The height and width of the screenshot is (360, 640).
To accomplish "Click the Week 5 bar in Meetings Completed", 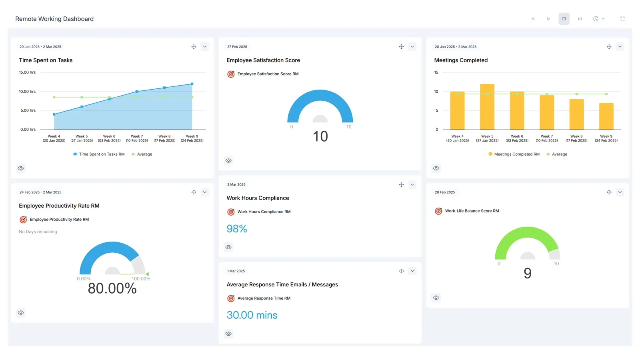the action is (x=487, y=107).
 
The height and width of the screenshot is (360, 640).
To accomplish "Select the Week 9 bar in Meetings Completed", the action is (x=606, y=116).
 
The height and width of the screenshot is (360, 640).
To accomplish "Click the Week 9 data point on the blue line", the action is (x=192, y=84).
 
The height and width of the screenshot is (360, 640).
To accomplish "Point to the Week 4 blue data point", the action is (x=54, y=114).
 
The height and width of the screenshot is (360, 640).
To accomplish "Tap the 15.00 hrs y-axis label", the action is (x=28, y=72).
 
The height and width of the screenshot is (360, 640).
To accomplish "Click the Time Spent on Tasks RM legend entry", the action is (x=98, y=154).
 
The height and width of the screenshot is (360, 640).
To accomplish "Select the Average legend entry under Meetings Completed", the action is (x=556, y=154).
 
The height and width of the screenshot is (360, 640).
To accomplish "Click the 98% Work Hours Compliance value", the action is (x=236, y=228).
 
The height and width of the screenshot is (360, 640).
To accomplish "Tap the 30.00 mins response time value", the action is (x=252, y=315).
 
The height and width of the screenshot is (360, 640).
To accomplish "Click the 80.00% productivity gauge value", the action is (x=112, y=288).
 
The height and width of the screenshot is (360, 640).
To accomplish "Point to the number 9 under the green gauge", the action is (x=528, y=273).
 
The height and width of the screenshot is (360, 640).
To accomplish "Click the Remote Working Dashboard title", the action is (x=54, y=19).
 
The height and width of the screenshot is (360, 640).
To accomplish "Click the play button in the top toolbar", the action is (x=548, y=19).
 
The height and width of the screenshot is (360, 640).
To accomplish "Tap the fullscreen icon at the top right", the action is (x=622, y=19).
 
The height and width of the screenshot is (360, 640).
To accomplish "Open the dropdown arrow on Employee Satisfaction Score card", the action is (x=412, y=46).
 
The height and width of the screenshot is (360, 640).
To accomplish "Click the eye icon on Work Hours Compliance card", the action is (x=228, y=247).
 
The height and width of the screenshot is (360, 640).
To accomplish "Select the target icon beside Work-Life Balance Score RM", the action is (x=438, y=211).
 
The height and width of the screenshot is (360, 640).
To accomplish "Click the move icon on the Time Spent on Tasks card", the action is (x=194, y=46).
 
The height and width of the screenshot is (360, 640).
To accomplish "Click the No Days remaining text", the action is (x=38, y=232).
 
